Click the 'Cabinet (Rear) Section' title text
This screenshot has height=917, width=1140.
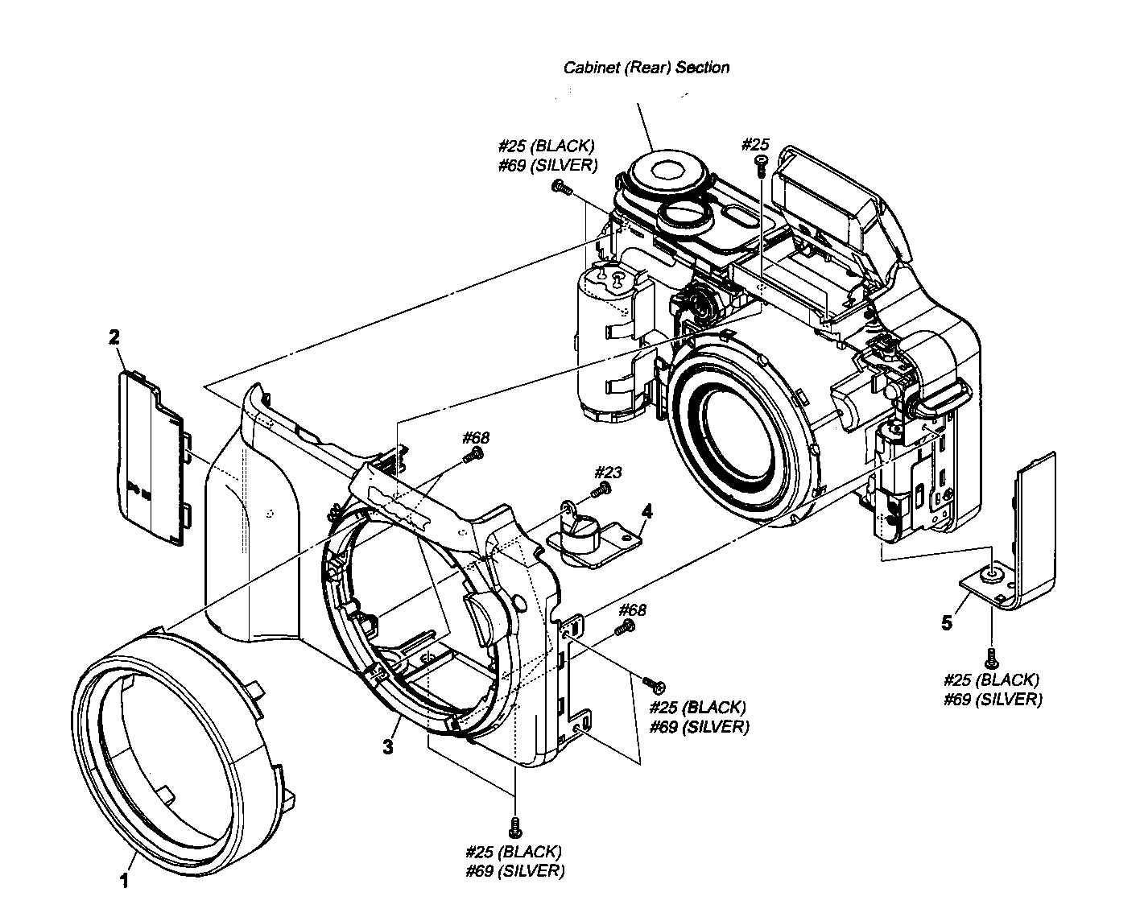[x=646, y=68]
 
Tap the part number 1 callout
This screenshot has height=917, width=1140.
[x=124, y=882]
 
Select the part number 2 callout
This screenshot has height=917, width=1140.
[x=114, y=337]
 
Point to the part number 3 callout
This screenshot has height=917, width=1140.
[x=388, y=746]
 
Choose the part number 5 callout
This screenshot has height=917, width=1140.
[x=947, y=622]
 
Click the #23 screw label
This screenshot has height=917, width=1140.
[x=608, y=472]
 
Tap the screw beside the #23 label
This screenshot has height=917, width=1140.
[x=600, y=490]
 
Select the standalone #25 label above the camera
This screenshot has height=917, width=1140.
[x=754, y=145]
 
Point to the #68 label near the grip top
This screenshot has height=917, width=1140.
[x=475, y=438]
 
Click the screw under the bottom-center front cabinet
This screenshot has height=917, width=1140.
[x=514, y=825]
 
